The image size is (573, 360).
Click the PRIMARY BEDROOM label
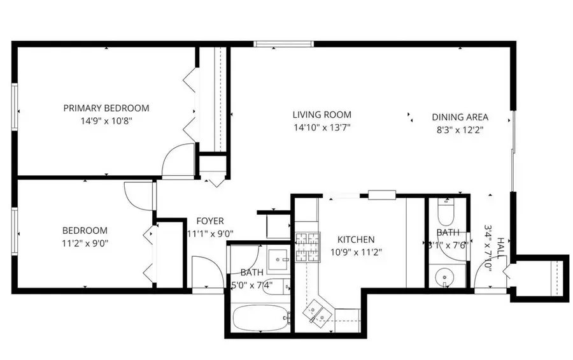(106, 108)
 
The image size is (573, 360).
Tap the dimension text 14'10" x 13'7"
(322, 127)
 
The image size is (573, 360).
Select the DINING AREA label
(460, 117)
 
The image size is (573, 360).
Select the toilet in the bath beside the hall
(446, 210)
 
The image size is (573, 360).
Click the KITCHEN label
(355, 240)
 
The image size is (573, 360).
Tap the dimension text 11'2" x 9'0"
(85, 242)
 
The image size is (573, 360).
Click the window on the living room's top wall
(283, 44)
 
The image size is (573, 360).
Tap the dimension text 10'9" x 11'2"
(355, 251)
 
